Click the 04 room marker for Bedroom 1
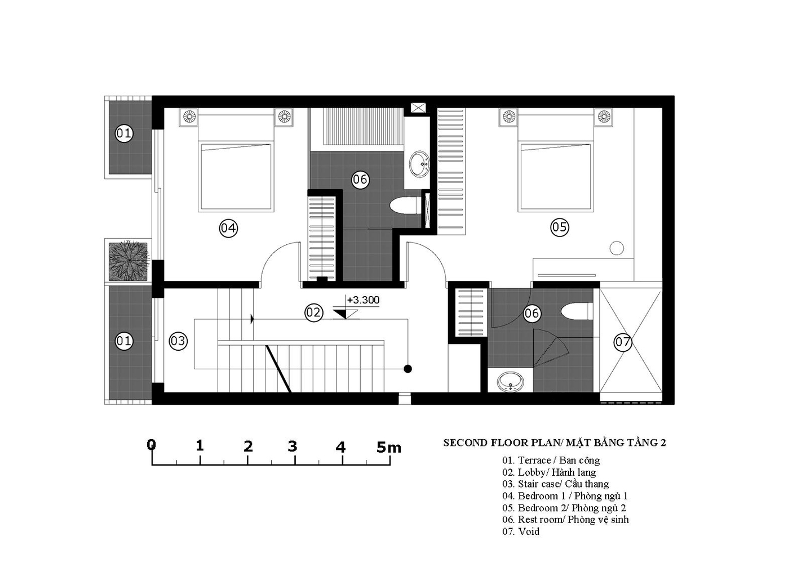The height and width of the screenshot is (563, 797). (228, 228)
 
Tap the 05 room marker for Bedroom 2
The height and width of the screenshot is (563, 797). (559, 227)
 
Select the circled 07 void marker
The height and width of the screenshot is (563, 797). (623, 342)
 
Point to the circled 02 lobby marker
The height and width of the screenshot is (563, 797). (314, 312)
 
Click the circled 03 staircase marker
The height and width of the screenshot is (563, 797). (178, 341)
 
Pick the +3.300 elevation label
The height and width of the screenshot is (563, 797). (363, 300)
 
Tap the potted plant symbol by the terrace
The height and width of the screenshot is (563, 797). (128, 262)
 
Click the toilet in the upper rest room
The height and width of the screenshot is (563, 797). (405, 207)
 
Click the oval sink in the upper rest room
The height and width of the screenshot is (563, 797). (419, 164)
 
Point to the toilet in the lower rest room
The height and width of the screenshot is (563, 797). (577, 311)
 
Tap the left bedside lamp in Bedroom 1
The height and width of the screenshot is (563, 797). (189, 117)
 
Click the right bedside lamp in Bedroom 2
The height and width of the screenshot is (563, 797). (604, 117)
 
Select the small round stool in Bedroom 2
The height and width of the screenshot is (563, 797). (617, 248)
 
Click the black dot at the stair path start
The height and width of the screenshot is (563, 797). (408, 369)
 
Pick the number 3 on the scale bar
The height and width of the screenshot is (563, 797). (292, 446)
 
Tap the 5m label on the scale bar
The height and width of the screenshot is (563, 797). (388, 447)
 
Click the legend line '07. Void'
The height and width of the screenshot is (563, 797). (521, 531)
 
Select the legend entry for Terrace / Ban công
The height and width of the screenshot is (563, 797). (551, 461)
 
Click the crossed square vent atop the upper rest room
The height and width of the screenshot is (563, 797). (418, 108)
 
